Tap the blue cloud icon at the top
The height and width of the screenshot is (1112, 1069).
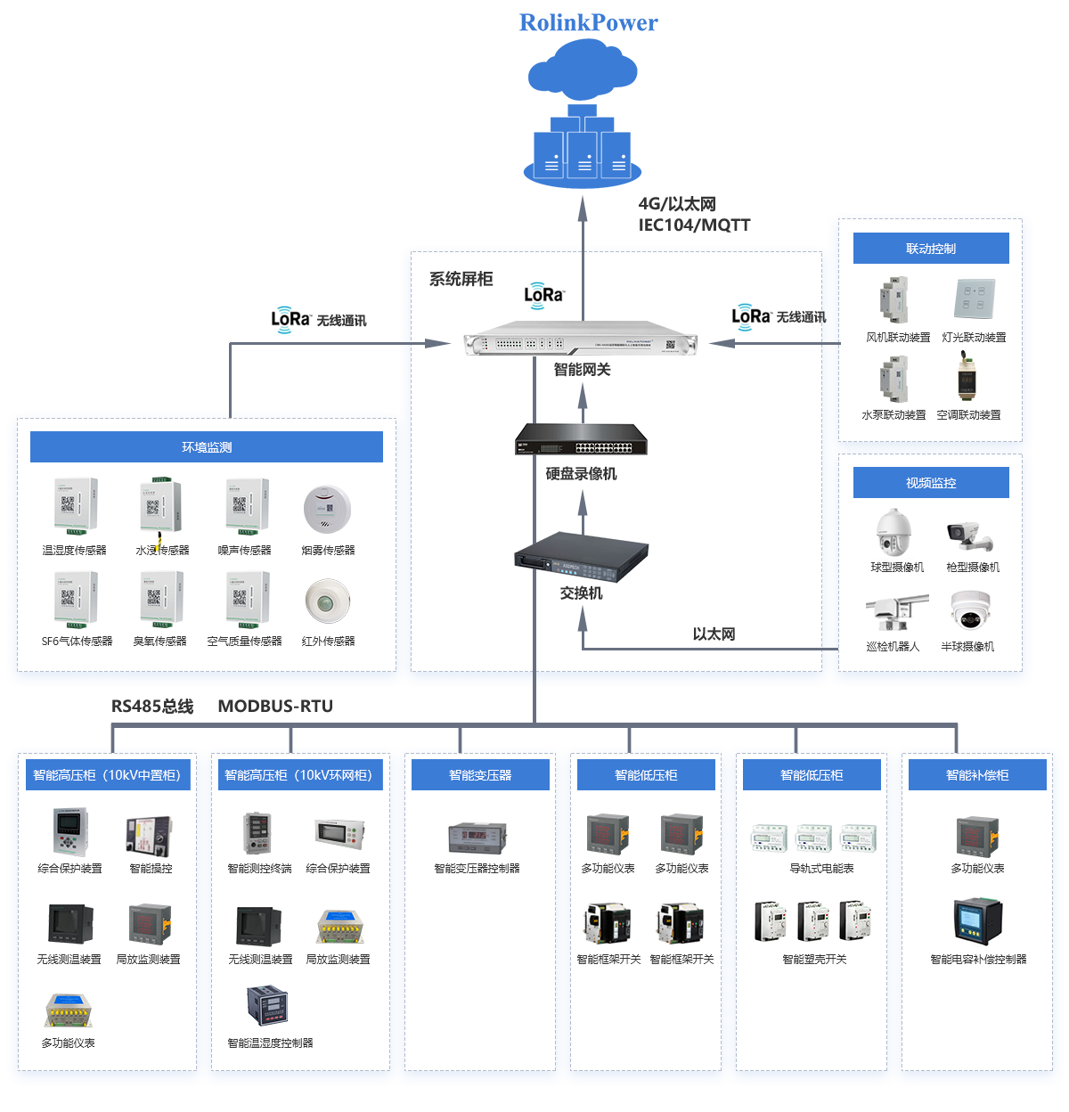(x=582, y=69)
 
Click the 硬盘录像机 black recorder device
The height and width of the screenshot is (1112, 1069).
(x=581, y=439)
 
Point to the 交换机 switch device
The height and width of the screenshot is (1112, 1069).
(x=581, y=557)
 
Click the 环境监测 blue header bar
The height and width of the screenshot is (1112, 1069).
(x=207, y=446)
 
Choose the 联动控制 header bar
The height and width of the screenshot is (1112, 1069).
(x=930, y=248)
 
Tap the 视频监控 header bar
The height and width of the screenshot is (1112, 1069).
(x=930, y=482)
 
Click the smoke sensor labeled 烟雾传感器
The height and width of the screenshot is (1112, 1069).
(x=327, y=509)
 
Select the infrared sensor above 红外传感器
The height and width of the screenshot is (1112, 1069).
(x=328, y=601)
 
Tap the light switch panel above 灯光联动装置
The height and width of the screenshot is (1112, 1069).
(x=974, y=298)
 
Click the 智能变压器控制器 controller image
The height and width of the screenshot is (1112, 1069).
(x=477, y=838)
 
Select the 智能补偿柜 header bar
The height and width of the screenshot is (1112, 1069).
(x=976, y=774)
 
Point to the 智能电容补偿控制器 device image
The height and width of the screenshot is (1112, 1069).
(x=977, y=920)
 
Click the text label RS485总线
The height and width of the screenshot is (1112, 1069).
(x=152, y=706)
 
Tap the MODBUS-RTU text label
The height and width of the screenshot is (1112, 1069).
(x=275, y=706)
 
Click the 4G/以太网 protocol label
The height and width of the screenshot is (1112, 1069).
(x=676, y=204)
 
